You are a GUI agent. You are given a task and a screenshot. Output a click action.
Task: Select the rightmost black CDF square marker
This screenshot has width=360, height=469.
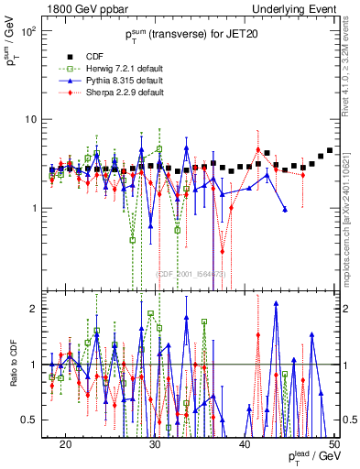330,150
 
